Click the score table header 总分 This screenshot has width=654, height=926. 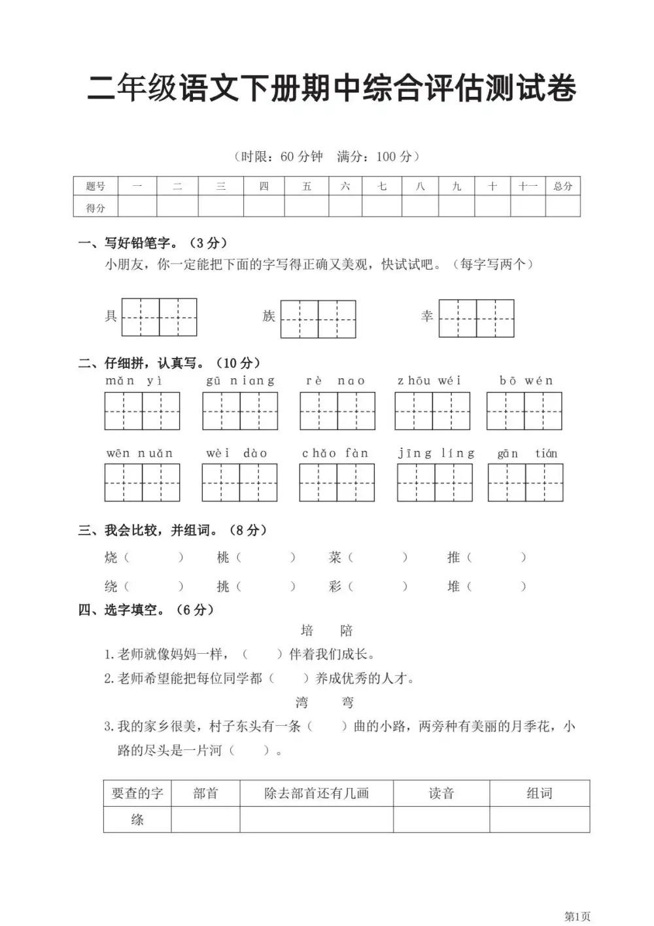tap(562, 187)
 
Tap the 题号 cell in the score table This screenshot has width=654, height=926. tap(95, 187)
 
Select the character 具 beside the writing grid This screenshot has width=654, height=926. tap(111, 317)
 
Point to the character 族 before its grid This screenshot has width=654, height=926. tap(269, 317)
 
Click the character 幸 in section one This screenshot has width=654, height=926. tap(427, 317)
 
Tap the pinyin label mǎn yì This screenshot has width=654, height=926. tap(134, 381)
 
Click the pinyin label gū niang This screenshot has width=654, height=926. tap(240, 381)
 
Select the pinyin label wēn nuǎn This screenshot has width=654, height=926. tap(140, 454)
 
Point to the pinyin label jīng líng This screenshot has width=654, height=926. tap(436, 454)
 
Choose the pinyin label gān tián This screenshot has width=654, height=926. tap(527, 454)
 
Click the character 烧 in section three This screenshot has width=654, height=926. tap(111, 558)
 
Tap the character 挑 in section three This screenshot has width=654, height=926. tap(224, 586)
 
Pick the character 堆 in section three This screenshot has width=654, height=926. tap(454, 586)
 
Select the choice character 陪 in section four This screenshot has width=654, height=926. tap(347, 631)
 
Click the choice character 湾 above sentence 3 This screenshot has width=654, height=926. tap(301, 703)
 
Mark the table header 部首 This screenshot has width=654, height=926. tap(205, 793)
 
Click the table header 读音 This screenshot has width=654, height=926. tap(441, 793)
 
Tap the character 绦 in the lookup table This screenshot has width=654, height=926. tap(137, 819)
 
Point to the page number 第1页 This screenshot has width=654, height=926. tap(577, 916)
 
